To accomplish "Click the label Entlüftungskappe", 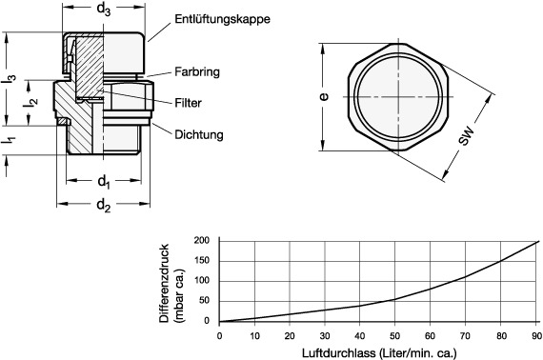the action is (x=222, y=19).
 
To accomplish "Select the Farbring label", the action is (x=197, y=72).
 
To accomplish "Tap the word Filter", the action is (x=188, y=103).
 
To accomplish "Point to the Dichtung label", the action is (x=199, y=134).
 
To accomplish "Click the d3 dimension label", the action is (x=104, y=10).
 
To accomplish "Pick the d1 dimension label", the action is (x=104, y=181).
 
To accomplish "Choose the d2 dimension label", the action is (x=104, y=206).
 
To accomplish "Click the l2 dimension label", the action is (x=30, y=103).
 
